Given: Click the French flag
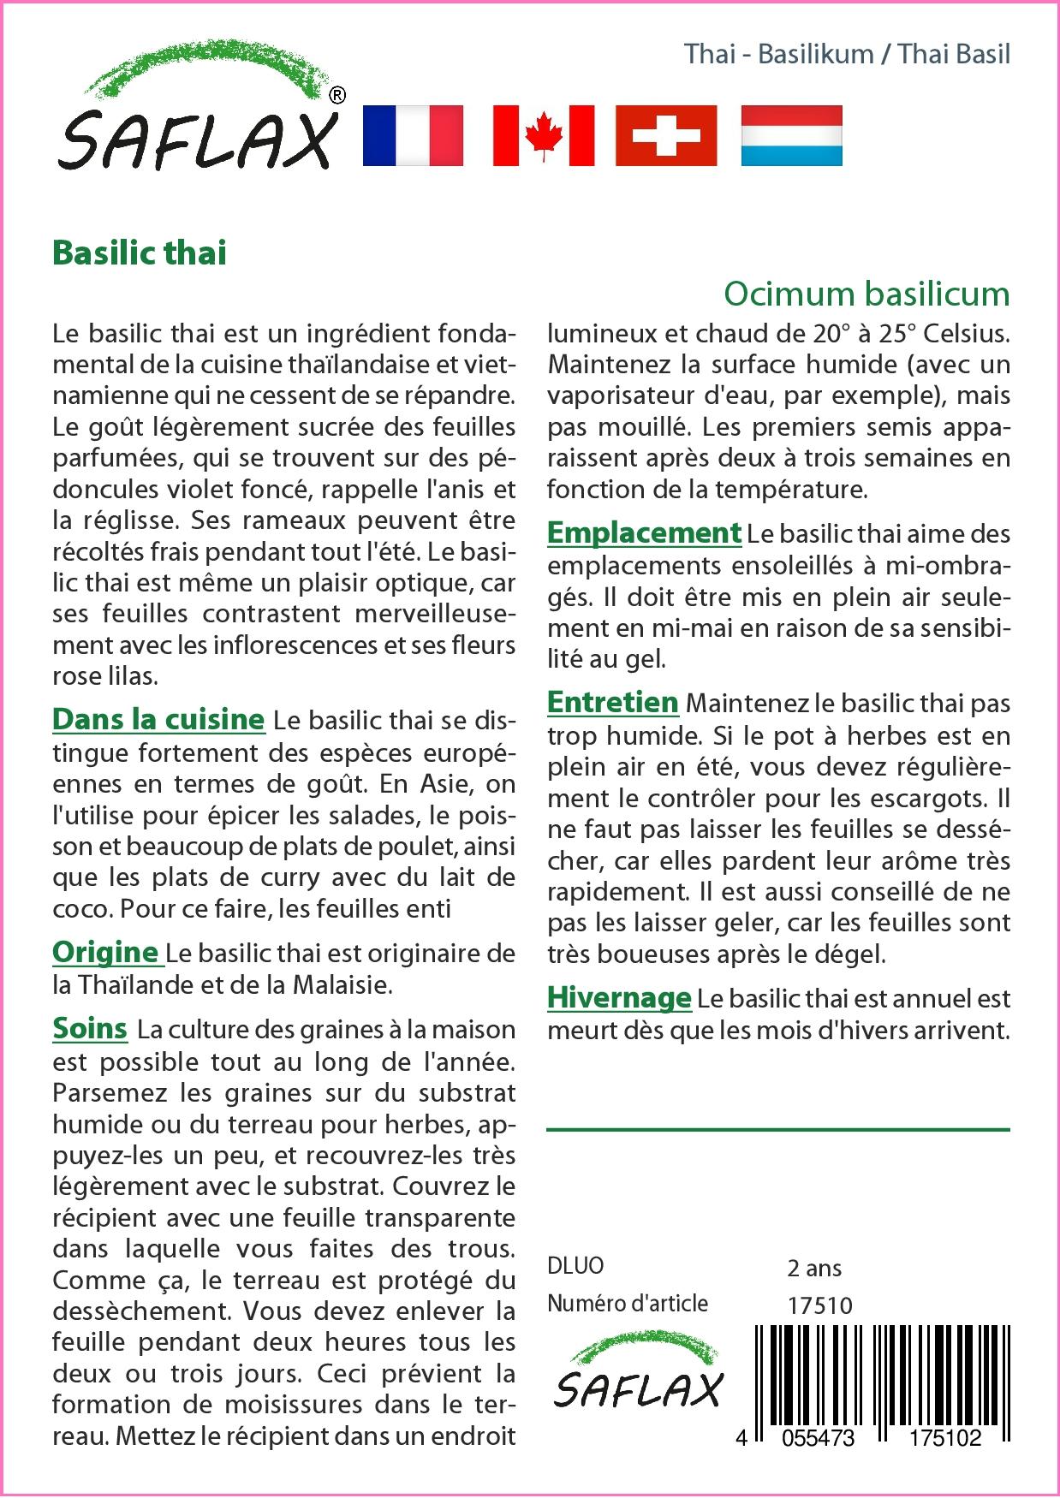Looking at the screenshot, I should click(413, 135).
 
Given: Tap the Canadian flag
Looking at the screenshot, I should click(543, 135).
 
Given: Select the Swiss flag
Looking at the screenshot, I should click(666, 135).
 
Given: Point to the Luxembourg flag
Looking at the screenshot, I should click(791, 135).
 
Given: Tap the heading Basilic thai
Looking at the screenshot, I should click(140, 253).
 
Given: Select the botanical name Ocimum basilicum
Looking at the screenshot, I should click(866, 294).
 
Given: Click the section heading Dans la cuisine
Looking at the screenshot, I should click(158, 719).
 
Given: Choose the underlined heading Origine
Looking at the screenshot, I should click(105, 952).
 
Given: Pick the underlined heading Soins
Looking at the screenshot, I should click(90, 1028).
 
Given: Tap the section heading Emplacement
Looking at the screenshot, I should click(644, 532).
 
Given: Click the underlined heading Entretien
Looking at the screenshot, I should click(613, 702).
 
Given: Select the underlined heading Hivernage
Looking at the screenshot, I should click(619, 997).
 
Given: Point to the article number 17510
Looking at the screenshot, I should click(819, 1305).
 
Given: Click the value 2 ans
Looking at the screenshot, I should click(814, 1268).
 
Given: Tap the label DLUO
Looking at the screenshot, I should click(575, 1266).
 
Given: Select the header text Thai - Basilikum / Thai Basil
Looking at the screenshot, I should click(847, 54).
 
